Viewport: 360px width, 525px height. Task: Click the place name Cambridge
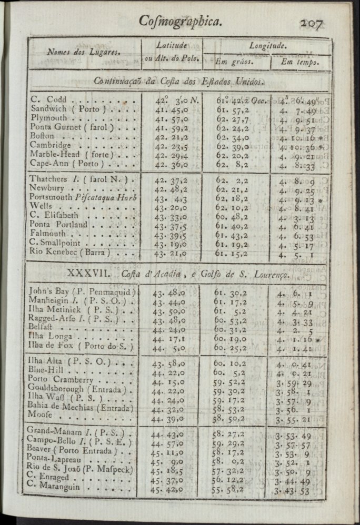click(x=51, y=145)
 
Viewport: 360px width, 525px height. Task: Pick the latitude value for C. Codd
click(x=172, y=99)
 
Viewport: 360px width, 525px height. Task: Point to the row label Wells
click(x=41, y=206)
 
